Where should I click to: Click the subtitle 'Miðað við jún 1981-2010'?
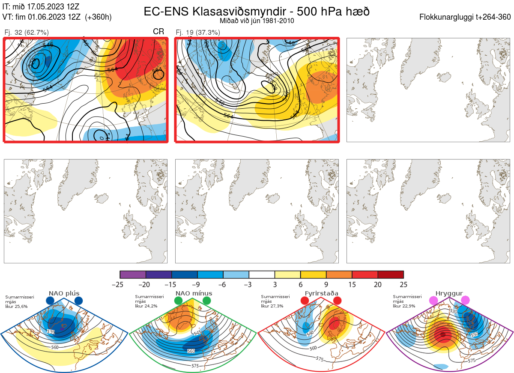(257, 21)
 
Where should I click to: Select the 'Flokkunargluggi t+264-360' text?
(466, 17)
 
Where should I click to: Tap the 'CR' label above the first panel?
(158, 32)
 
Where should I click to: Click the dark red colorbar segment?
(391, 275)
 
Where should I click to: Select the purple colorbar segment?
(133, 275)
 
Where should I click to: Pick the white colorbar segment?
(262, 275)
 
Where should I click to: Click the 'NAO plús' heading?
(64, 293)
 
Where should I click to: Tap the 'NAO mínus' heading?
(194, 293)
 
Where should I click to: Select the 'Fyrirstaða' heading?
(321, 293)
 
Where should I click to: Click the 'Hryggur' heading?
(449, 293)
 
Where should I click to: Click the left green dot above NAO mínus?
(178, 301)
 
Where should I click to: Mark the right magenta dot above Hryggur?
(465, 301)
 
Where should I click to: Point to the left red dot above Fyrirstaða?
(305, 301)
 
